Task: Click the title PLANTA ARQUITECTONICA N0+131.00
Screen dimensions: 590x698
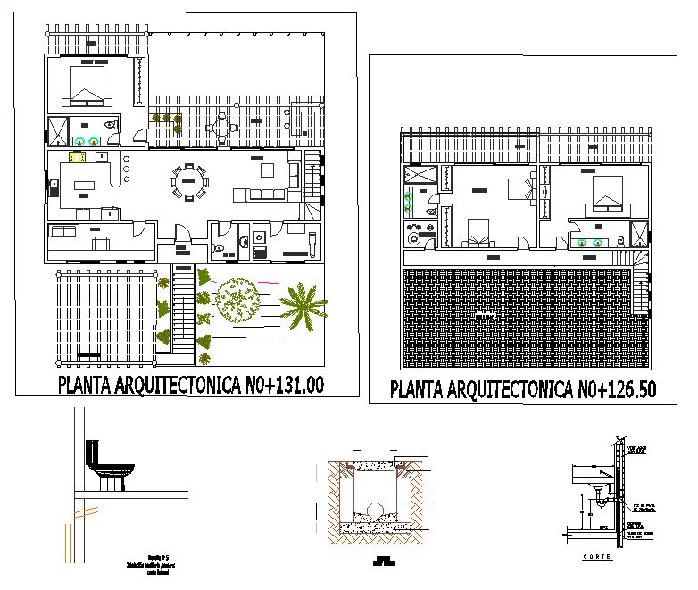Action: tap(190, 385)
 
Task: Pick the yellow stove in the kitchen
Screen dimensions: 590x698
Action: tap(77, 158)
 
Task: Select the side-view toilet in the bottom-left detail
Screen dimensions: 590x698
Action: tap(107, 464)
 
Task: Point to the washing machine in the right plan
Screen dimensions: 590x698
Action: tap(414, 238)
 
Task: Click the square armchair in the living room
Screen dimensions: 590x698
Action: tap(267, 170)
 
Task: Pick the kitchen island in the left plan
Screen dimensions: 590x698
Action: tap(86, 187)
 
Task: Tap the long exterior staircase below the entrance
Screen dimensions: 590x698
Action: tap(183, 312)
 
